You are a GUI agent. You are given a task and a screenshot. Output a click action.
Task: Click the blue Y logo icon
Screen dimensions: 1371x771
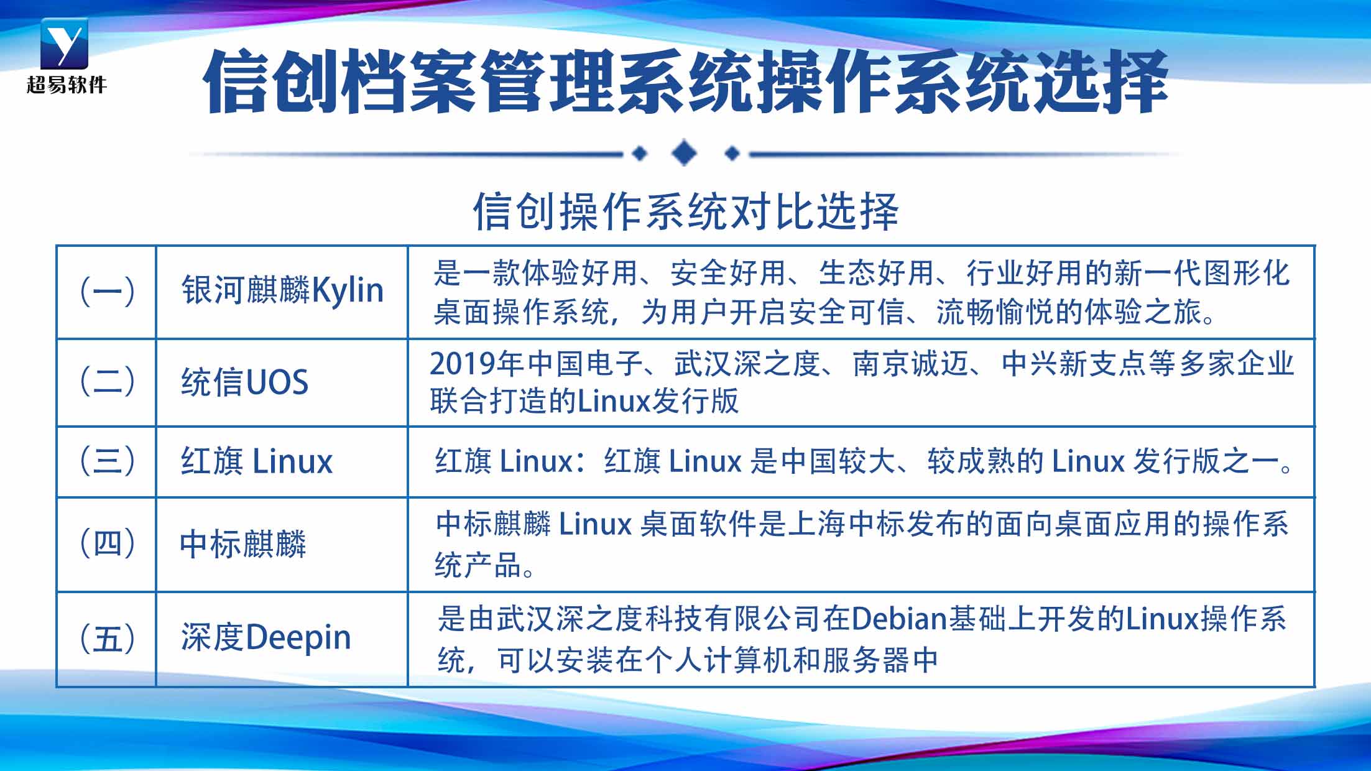(x=64, y=44)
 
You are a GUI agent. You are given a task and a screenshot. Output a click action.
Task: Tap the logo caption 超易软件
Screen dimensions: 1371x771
(x=67, y=85)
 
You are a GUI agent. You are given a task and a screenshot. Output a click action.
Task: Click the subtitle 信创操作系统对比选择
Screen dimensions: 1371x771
(x=686, y=211)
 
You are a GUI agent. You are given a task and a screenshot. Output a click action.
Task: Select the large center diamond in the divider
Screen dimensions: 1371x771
(x=685, y=153)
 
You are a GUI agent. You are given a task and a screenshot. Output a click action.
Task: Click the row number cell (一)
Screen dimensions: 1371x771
(x=107, y=292)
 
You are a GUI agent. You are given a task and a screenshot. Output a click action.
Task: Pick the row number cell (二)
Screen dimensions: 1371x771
(x=107, y=381)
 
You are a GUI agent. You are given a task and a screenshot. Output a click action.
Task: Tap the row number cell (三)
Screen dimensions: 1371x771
(x=107, y=461)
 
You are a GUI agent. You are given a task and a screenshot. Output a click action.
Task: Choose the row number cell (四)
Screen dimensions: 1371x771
(x=107, y=543)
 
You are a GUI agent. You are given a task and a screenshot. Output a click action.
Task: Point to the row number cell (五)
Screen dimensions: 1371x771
(x=107, y=639)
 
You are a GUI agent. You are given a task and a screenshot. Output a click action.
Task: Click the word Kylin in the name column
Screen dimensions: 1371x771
(x=347, y=291)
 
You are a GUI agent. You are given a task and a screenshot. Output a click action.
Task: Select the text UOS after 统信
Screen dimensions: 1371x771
(x=277, y=382)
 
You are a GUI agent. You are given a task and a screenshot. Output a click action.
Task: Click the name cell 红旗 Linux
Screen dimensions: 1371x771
(x=257, y=461)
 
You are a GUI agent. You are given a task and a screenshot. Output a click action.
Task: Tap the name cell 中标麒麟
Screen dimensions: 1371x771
(x=243, y=544)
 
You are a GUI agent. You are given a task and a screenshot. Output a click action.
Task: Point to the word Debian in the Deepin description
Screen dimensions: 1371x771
(x=898, y=619)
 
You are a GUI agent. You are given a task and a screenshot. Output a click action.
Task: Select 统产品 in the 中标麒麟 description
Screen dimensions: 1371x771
(x=478, y=565)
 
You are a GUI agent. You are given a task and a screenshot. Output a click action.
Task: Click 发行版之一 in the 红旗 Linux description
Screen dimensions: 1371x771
(x=1206, y=461)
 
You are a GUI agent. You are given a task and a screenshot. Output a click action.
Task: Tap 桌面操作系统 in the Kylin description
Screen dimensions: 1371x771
(x=521, y=312)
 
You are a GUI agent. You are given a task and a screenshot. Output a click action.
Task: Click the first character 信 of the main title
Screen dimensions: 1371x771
(x=238, y=81)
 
